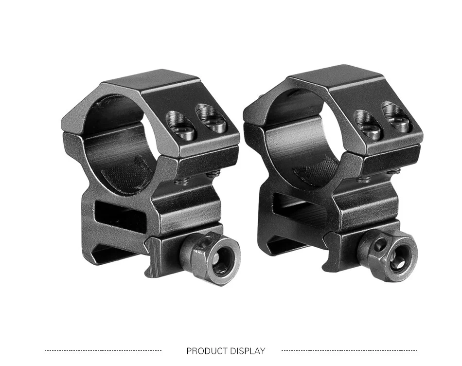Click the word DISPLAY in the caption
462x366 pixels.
(x=248, y=351)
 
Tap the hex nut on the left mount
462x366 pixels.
(x=210, y=258)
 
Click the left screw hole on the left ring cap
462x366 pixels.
(x=181, y=126)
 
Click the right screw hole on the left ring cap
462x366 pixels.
(x=212, y=118)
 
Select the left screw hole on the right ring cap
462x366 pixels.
(x=368, y=124)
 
